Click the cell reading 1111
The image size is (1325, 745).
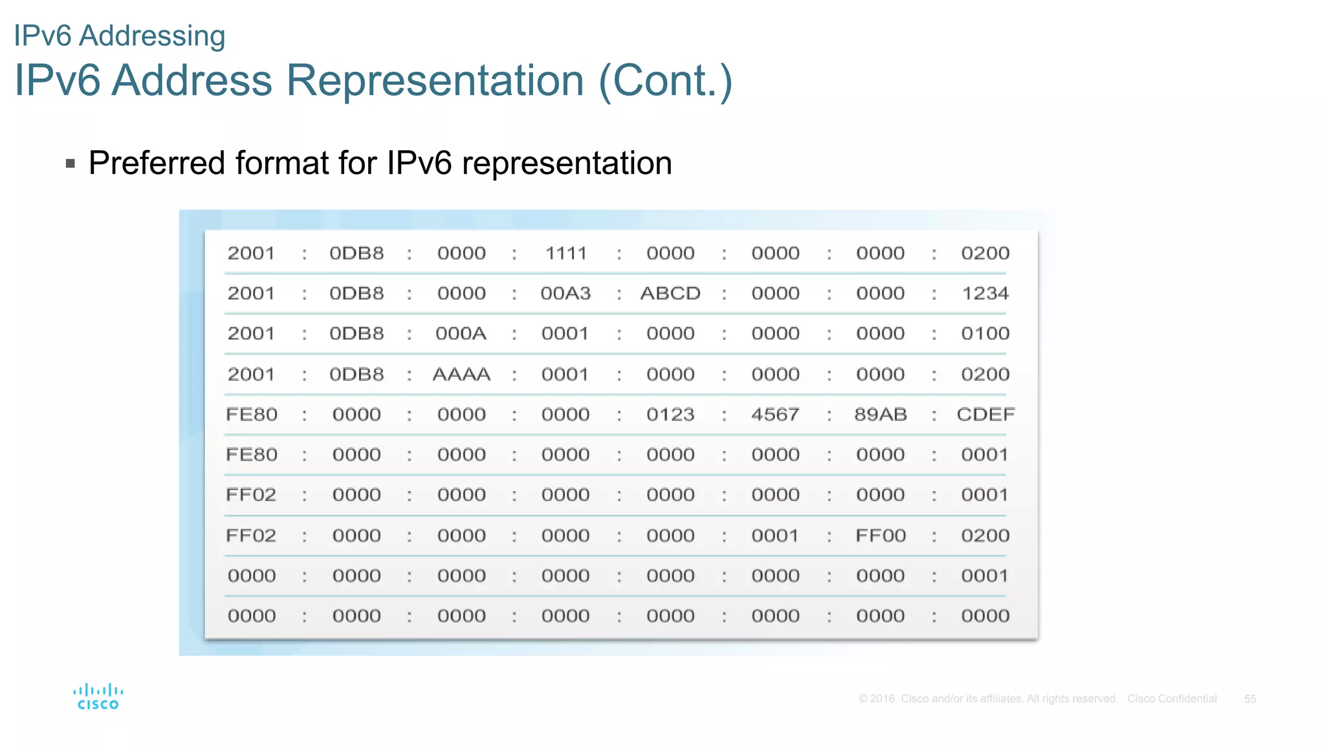(x=566, y=254)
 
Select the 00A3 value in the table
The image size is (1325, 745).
(x=566, y=294)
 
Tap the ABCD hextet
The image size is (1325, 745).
(x=670, y=294)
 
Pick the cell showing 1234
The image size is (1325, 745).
(x=985, y=294)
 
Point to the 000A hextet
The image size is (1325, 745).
(x=461, y=334)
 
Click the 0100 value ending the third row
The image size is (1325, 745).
(x=985, y=334)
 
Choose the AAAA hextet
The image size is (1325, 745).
(x=461, y=374)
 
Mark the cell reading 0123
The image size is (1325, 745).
(x=670, y=415)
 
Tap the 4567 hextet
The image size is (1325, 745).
(x=775, y=415)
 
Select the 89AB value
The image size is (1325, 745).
(x=880, y=415)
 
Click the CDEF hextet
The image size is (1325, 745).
(x=985, y=415)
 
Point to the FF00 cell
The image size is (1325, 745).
(x=880, y=535)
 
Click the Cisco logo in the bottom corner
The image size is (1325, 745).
(x=98, y=697)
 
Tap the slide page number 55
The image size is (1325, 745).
(x=1250, y=699)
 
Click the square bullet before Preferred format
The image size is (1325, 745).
(x=71, y=164)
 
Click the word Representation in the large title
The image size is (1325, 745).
(x=435, y=81)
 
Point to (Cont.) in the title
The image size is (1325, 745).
(x=666, y=81)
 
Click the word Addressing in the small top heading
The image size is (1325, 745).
(x=152, y=36)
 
